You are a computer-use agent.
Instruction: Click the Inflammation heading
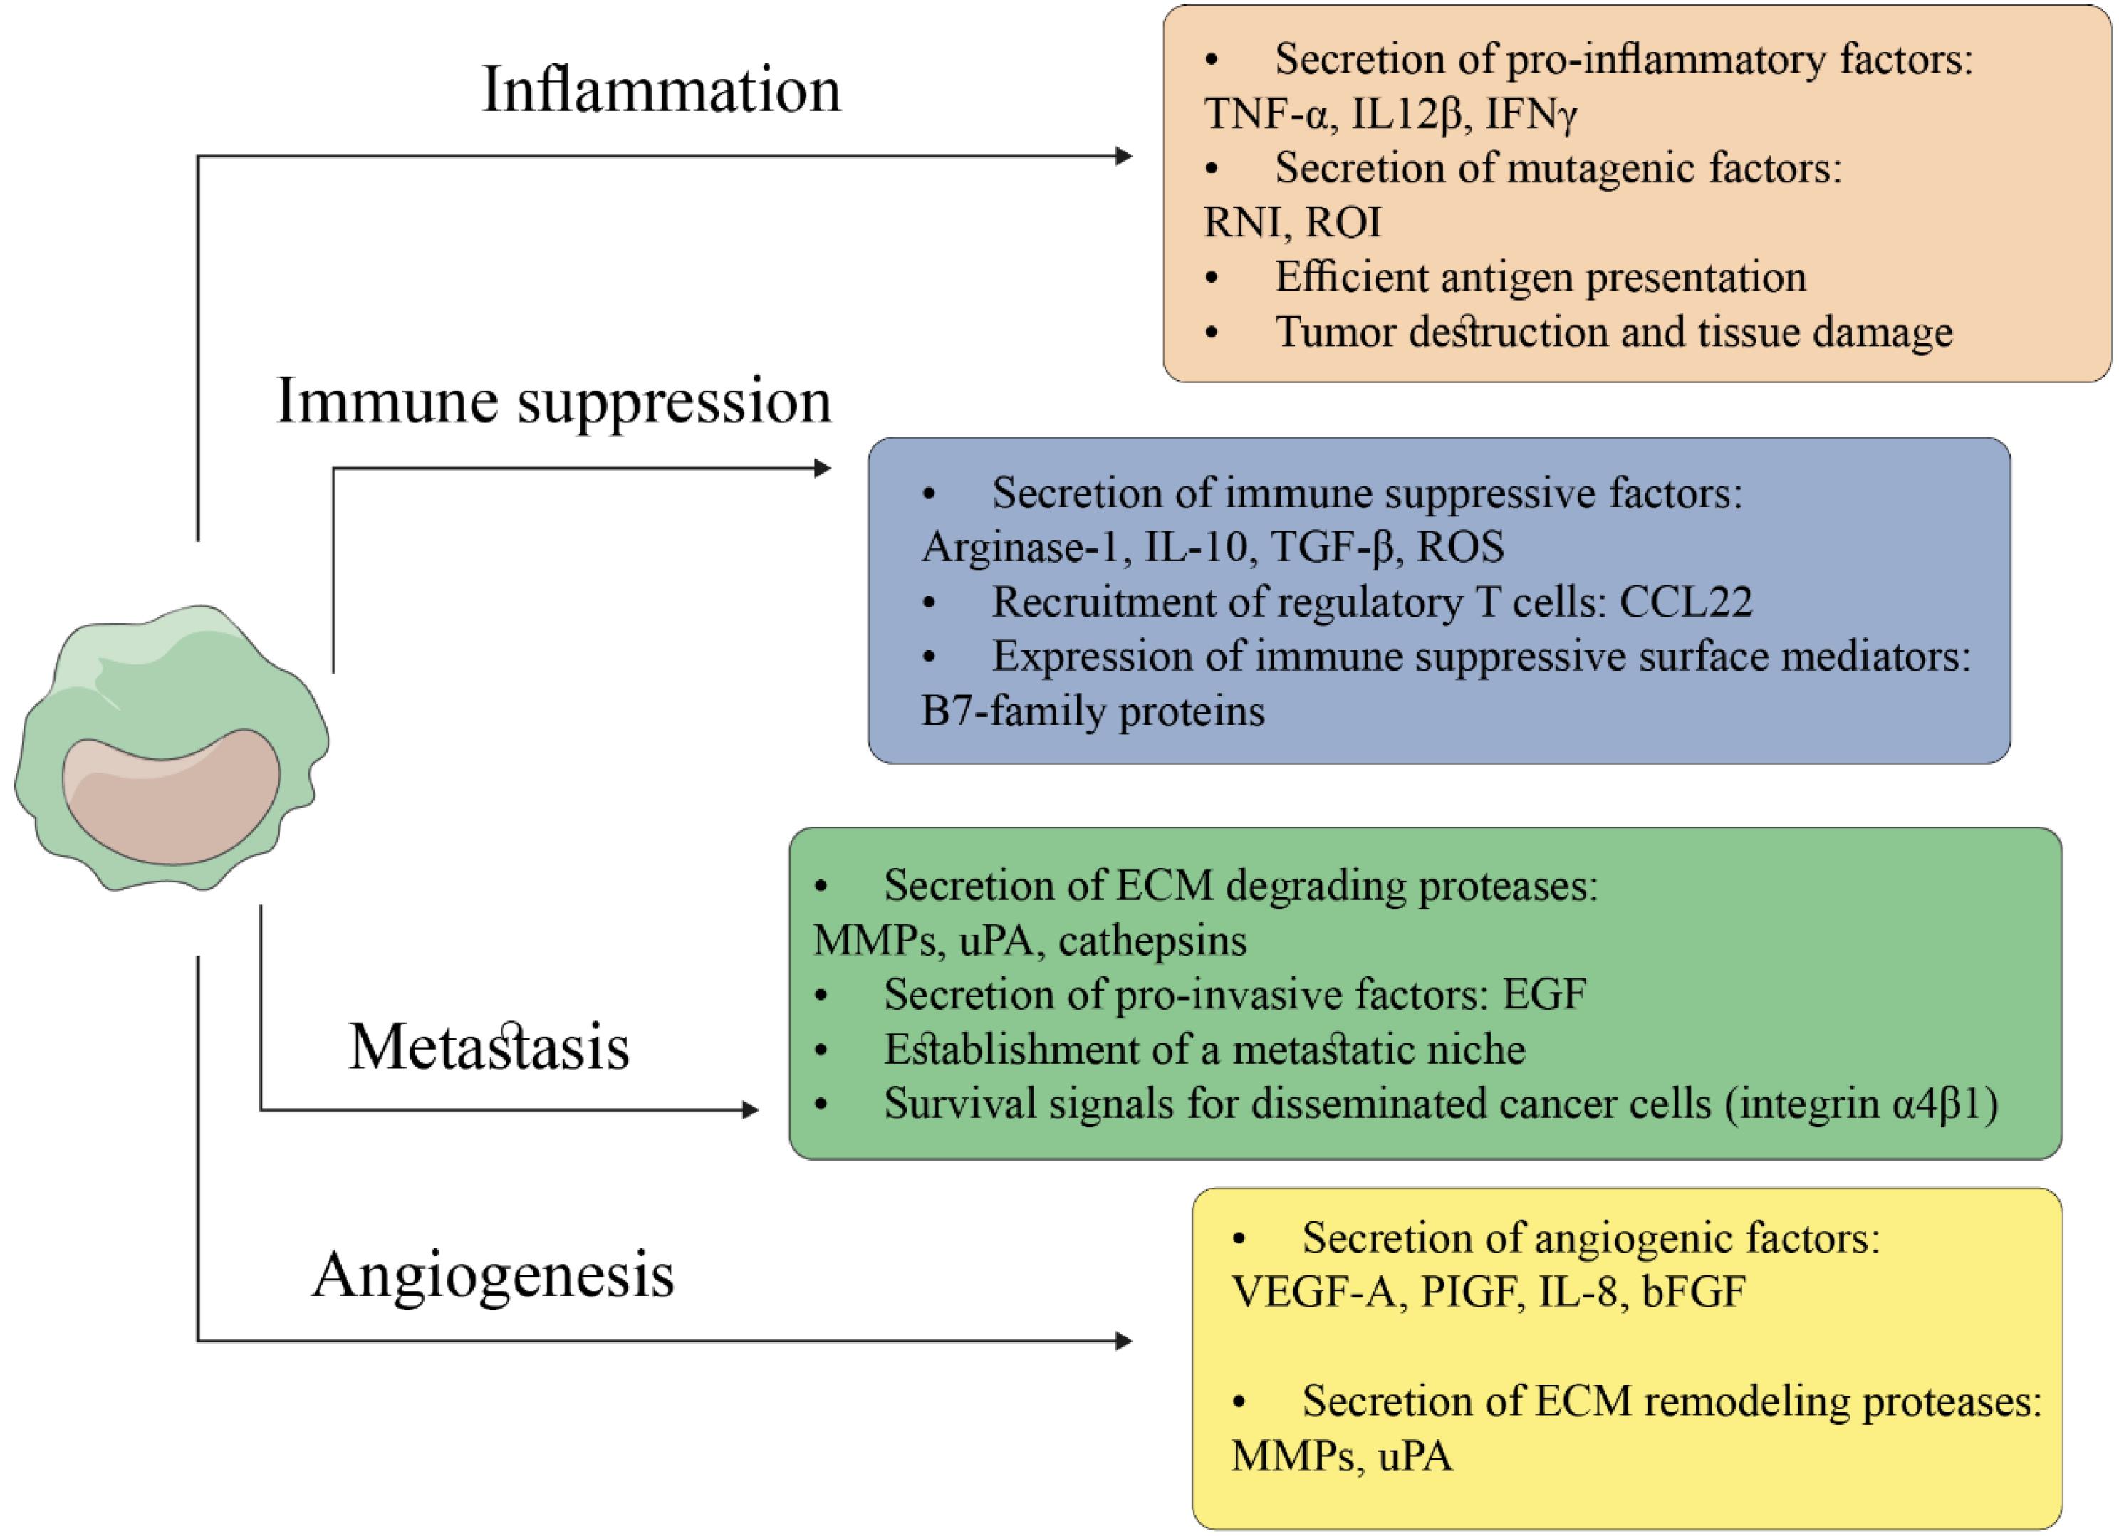pyautogui.click(x=662, y=90)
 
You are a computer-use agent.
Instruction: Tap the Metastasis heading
pyautogui.click(x=489, y=1046)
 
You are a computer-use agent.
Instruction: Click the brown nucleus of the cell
pyautogui.click(x=171, y=797)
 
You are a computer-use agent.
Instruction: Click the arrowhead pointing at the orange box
pyautogui.click(x=1124, y=156)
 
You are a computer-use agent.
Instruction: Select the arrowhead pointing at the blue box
pyautogui.click(x=822, y=467)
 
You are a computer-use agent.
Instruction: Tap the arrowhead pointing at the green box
pyautogui.click(x=749, y=1110)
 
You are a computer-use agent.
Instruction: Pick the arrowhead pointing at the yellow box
pyautogui.click(x=1124, y=1342)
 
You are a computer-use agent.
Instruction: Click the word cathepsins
pyautogui.click(x=1153, y=940)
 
